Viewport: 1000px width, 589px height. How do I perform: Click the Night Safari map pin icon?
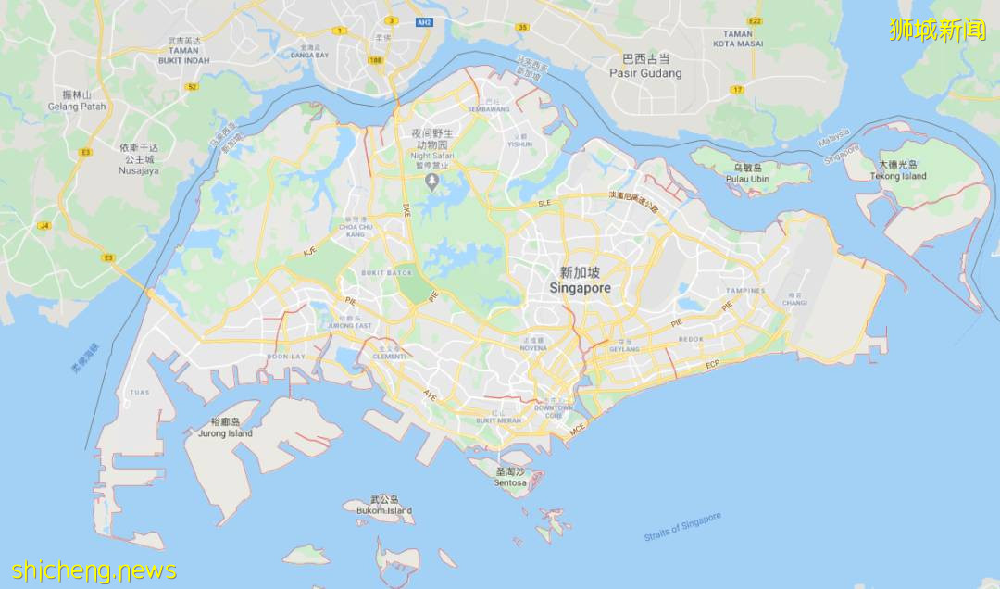pos(431,180)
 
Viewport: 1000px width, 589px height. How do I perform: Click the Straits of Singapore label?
pos(682,527)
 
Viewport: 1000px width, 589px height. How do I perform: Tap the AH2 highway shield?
pos(424,21)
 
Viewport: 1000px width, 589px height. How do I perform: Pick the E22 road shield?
pos(756,20)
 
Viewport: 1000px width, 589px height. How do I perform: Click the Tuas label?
pos(139,393)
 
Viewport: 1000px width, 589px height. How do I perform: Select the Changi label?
pos(794,301)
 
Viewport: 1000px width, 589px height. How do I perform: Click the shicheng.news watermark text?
pos(94,570)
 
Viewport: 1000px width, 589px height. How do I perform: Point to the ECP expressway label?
pos(712,365)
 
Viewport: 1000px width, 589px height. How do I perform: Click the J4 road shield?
pos(44,225)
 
